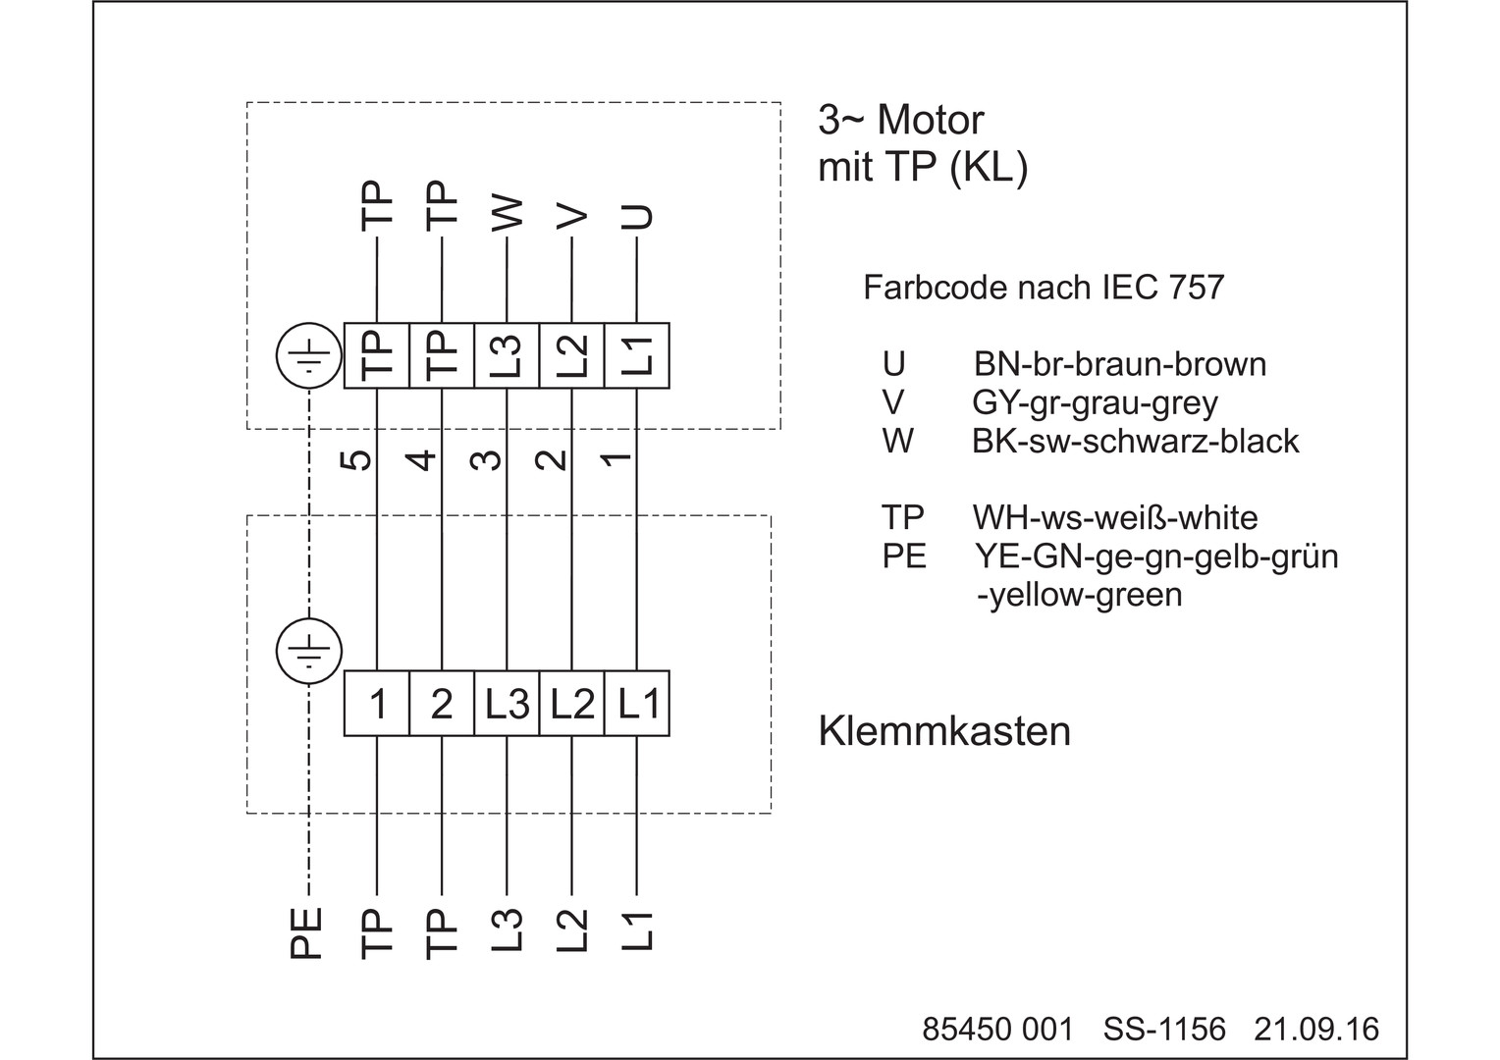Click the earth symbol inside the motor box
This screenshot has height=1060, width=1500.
(309, 355)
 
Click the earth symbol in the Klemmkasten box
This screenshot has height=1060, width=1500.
(309, 651)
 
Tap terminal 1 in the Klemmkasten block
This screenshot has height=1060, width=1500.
(377, 704)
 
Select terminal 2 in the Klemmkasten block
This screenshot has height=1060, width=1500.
(442, 704)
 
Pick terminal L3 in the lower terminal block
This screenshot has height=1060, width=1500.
(507, 704)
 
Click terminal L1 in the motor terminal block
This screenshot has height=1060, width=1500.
(637, 355)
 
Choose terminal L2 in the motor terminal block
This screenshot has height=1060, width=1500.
(571, 355)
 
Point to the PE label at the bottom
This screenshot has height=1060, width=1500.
(307, 932)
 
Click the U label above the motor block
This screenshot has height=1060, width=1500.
(638, 216)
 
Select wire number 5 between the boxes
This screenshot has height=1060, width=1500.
(360, 459)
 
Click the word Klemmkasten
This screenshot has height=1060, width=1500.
(944, 731)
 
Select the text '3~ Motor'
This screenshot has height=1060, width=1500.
(900, 120)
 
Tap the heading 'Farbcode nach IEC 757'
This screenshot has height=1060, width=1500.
(1044, 288)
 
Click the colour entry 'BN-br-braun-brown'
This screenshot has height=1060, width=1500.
(1119, 364)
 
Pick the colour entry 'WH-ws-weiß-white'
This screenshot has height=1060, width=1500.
(1115, 517)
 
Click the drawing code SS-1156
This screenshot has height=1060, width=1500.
(1164, 1029)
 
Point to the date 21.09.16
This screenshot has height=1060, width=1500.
(1315, 1029)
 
